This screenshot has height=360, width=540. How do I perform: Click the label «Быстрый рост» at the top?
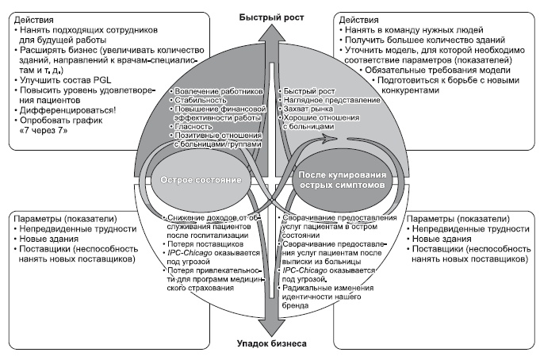point(271,9)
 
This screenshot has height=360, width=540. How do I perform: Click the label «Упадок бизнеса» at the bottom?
point(271,343)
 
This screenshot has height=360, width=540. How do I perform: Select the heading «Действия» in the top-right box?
point(358,17)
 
